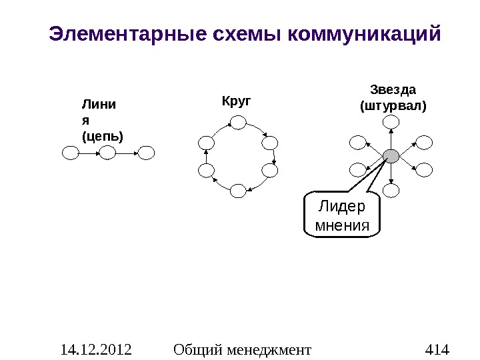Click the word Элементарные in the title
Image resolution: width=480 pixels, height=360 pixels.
click(x=118, y=33)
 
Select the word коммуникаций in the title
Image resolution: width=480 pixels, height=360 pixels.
click(x=364, y=33)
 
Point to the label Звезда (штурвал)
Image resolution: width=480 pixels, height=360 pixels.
click(x=393, y=97)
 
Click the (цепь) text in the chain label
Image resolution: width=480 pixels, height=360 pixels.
click(x=101, y=136)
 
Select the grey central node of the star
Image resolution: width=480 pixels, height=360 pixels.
click(x=391, y=156)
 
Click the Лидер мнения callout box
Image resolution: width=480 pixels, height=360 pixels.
click(x=341, y=216)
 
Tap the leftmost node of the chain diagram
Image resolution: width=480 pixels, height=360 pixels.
click(x=70, y=153)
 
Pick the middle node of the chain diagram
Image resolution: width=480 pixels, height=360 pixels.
click(x=108, y=153)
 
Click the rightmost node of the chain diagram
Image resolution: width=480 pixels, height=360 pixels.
click(x=146, y=153)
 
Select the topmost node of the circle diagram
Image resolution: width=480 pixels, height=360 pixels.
click(x=238, y=121)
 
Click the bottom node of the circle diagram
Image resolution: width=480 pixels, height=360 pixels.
click(x=238, y=191)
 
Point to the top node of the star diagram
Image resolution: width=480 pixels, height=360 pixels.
click(x=391, y=121)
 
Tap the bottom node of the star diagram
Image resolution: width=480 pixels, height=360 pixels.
click(x=391, y=191)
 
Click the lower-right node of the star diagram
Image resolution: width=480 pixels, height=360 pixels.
click(x=424, y=170)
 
